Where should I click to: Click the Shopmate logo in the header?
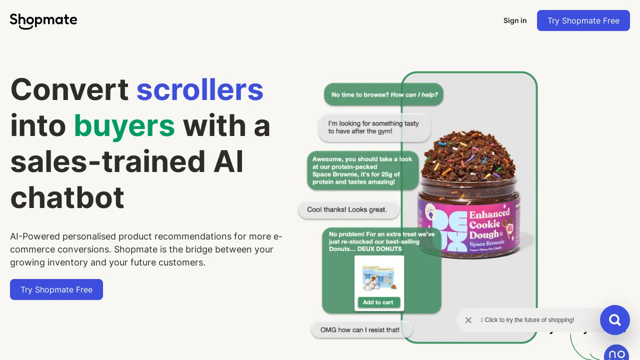pyautogui.click(x=43, y=20)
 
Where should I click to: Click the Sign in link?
pyautogui.click(x=515, y=20)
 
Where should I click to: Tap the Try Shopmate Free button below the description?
pyautogui.click(x=56, y=289)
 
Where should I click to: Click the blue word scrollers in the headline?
pyautogui.click(x=199, y=89)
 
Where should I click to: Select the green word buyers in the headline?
pyautogui.click(x=124, y=125)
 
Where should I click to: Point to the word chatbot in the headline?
pyautogui.click(x=67, y=197)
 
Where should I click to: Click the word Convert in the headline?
pyautogui.click(x=69, y=89)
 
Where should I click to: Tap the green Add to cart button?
pyautogui.click(x=378, y=302)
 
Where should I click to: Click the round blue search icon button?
pyautogui.click(x=614, y=320)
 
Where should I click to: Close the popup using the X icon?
pyautogui.click(x=468, y=320)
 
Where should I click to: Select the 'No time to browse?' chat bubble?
pyautogui.click(x=383, y=94)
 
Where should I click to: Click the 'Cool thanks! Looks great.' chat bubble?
pyautogui.click(x=348, y=210)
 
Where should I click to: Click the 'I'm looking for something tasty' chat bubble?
pyautogui.click(x=374, y=127)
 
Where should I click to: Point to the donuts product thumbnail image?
pyautogui.click(x=379, y=278)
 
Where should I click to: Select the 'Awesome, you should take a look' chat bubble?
pyautogui.click(x=362, y=170)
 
